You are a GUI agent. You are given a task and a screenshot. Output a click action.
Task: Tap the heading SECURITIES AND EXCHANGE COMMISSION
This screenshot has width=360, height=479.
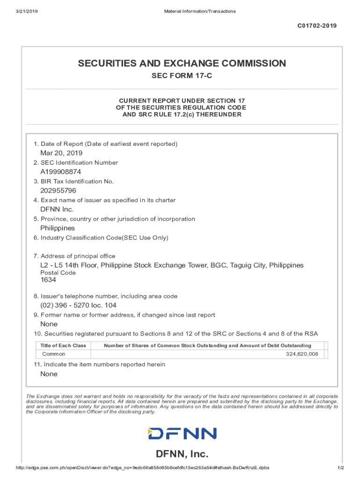point(181,63)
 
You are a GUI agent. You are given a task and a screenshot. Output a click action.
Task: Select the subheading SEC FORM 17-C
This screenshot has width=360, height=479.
point(181,76)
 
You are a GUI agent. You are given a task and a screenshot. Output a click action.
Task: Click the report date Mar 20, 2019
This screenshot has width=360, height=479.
point(61,153)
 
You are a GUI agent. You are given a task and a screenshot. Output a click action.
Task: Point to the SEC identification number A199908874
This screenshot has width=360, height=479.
point(60,172)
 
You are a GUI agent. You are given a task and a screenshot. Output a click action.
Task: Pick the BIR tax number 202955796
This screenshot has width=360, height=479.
point(58,190)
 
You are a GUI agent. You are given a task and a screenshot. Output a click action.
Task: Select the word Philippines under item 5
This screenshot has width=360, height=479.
point(58,228)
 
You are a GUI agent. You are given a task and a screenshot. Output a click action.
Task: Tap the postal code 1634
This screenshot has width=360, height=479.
point(48,280)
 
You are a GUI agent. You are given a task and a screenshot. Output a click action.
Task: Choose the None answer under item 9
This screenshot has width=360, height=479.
point(49,324)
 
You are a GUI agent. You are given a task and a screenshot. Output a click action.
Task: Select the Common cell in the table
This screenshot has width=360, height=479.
point(54,354)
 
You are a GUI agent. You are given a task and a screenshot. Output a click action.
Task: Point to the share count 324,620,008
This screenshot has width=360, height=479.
point(302,354)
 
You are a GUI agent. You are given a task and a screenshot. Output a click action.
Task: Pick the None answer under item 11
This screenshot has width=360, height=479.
point(49,374)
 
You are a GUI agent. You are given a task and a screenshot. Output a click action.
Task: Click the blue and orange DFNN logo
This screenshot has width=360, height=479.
point(182,434)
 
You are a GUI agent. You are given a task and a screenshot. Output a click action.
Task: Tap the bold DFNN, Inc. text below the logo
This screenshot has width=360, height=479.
point(182,454)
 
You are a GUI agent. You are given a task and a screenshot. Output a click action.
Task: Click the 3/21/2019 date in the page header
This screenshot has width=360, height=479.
point(27,11)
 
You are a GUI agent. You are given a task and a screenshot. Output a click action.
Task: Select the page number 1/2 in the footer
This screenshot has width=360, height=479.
point(340,468)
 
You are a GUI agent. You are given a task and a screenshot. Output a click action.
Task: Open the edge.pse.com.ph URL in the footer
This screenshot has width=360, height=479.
point(142,468)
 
